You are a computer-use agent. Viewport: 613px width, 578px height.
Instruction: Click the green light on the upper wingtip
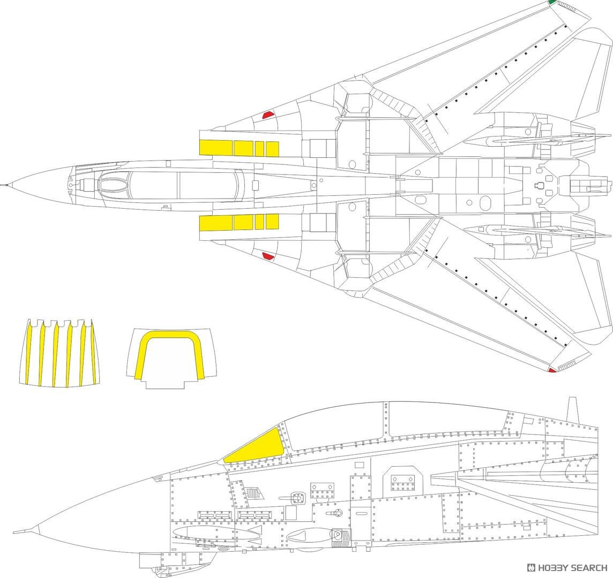[552, 3]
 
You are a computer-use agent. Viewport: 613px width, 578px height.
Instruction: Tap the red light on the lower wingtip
[552, 370]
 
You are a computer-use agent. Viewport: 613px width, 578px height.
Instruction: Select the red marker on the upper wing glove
[268, 115]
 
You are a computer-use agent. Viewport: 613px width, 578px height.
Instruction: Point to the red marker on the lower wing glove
[268, 256]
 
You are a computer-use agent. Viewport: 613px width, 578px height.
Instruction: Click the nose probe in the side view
[25, 531]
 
